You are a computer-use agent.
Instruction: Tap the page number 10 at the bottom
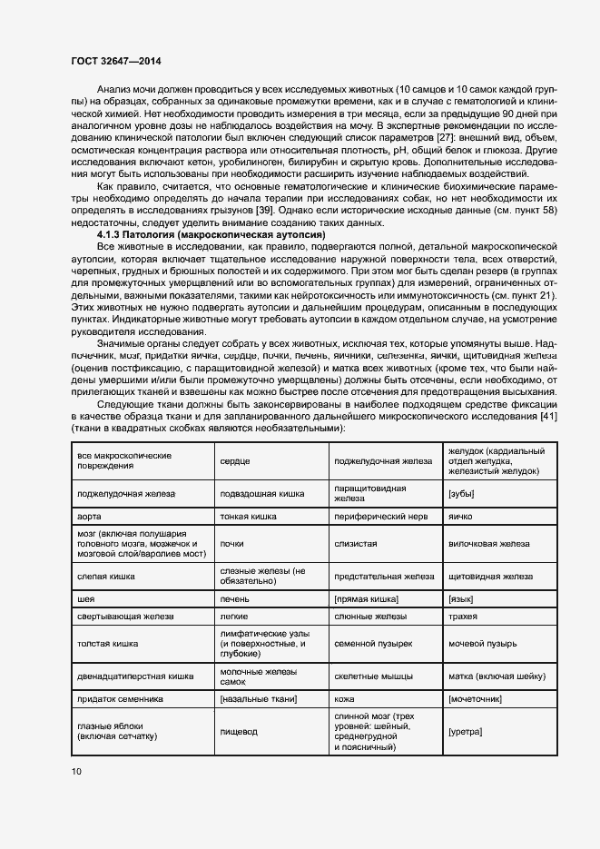pos(75,772)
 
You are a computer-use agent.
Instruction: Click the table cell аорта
pos(90,515)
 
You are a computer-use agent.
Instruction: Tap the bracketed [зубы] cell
pos(462,493)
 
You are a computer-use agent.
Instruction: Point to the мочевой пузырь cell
pos(483,644)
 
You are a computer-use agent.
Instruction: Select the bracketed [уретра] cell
pos(465,732)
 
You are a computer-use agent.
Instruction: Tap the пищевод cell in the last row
pos(239,732)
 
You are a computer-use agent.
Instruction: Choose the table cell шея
pos(88,599)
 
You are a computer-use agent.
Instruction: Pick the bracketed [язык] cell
pos(462,599)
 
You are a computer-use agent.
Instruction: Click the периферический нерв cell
pos(373,515)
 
